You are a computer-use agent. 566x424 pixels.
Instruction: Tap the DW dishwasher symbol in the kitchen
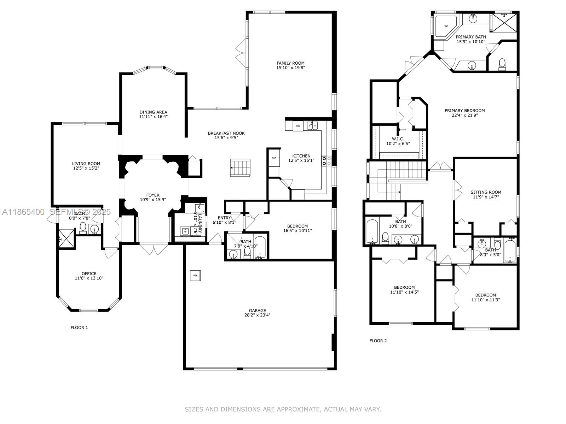click(298, 126)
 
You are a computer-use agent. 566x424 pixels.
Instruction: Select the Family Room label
click(290, 63)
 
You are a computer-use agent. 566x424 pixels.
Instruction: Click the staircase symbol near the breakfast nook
click(240, 167)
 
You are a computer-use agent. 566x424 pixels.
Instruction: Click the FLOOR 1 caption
click(79, 328)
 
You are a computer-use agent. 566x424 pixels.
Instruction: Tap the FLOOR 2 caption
click(378, 341)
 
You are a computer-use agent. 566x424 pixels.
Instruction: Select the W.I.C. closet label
click(398, 139)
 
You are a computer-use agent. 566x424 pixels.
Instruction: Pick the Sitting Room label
click(486, 192)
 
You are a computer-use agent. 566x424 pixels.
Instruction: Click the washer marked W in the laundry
click(185, 232)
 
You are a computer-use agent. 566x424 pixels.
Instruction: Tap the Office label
click(89, 273)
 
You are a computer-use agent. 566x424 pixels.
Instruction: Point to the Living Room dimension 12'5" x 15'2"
click(86, 168)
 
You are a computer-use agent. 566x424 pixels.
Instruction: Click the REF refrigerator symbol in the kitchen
click(274, 158)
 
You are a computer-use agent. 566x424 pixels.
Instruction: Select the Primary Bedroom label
click(464, 111)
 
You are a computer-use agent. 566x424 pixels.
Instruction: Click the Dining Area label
click(153, 112)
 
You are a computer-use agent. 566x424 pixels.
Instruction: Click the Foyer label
click(153, 195)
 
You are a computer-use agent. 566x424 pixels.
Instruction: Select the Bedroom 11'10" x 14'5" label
click(404, 287)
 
